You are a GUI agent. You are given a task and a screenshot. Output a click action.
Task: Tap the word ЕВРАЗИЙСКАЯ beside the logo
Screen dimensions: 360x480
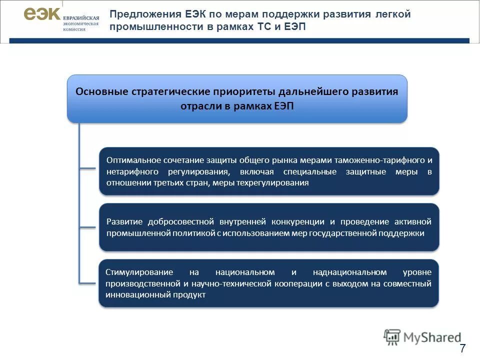81,17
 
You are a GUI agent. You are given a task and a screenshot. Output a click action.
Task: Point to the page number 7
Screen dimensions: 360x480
462,348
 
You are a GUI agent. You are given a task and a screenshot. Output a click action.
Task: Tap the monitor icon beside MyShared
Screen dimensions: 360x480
392,337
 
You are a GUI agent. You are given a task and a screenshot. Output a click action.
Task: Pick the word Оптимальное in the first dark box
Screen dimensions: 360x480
133,160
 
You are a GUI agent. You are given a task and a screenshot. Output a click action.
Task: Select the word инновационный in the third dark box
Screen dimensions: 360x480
138,295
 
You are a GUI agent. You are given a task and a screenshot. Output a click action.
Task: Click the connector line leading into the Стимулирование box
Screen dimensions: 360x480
89,283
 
